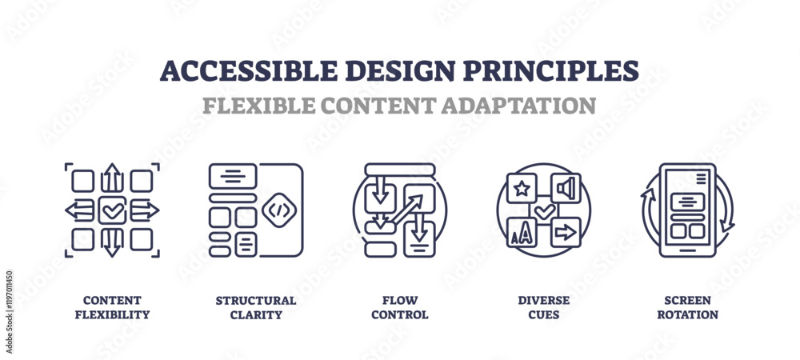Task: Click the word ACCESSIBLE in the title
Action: [x=249, y=71]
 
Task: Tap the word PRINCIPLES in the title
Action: [x=550, y=71]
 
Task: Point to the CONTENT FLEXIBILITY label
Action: [x=112, y=307]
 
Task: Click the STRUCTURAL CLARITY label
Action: [x=256, y=307]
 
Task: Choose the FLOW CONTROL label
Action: [x=399, y=307]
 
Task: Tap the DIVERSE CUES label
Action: [x=543, y=307]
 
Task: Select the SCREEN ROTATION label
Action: [x=687, y=307]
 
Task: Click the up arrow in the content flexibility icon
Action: [x=112, y=178]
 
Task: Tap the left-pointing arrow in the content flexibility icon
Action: [x=79, y=210]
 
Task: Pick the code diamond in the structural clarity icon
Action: [x=278, y=210]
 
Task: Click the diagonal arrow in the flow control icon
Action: [x=406, y=210]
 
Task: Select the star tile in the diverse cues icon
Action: [x=522, y=188]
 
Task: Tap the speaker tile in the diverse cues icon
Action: [x=566, y=188]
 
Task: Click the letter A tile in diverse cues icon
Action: [x=522, y=233]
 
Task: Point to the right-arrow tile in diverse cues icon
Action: [x=566, y=233]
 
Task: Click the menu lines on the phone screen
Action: [x=701, y=178]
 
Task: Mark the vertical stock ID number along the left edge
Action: [x=9, y=311]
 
